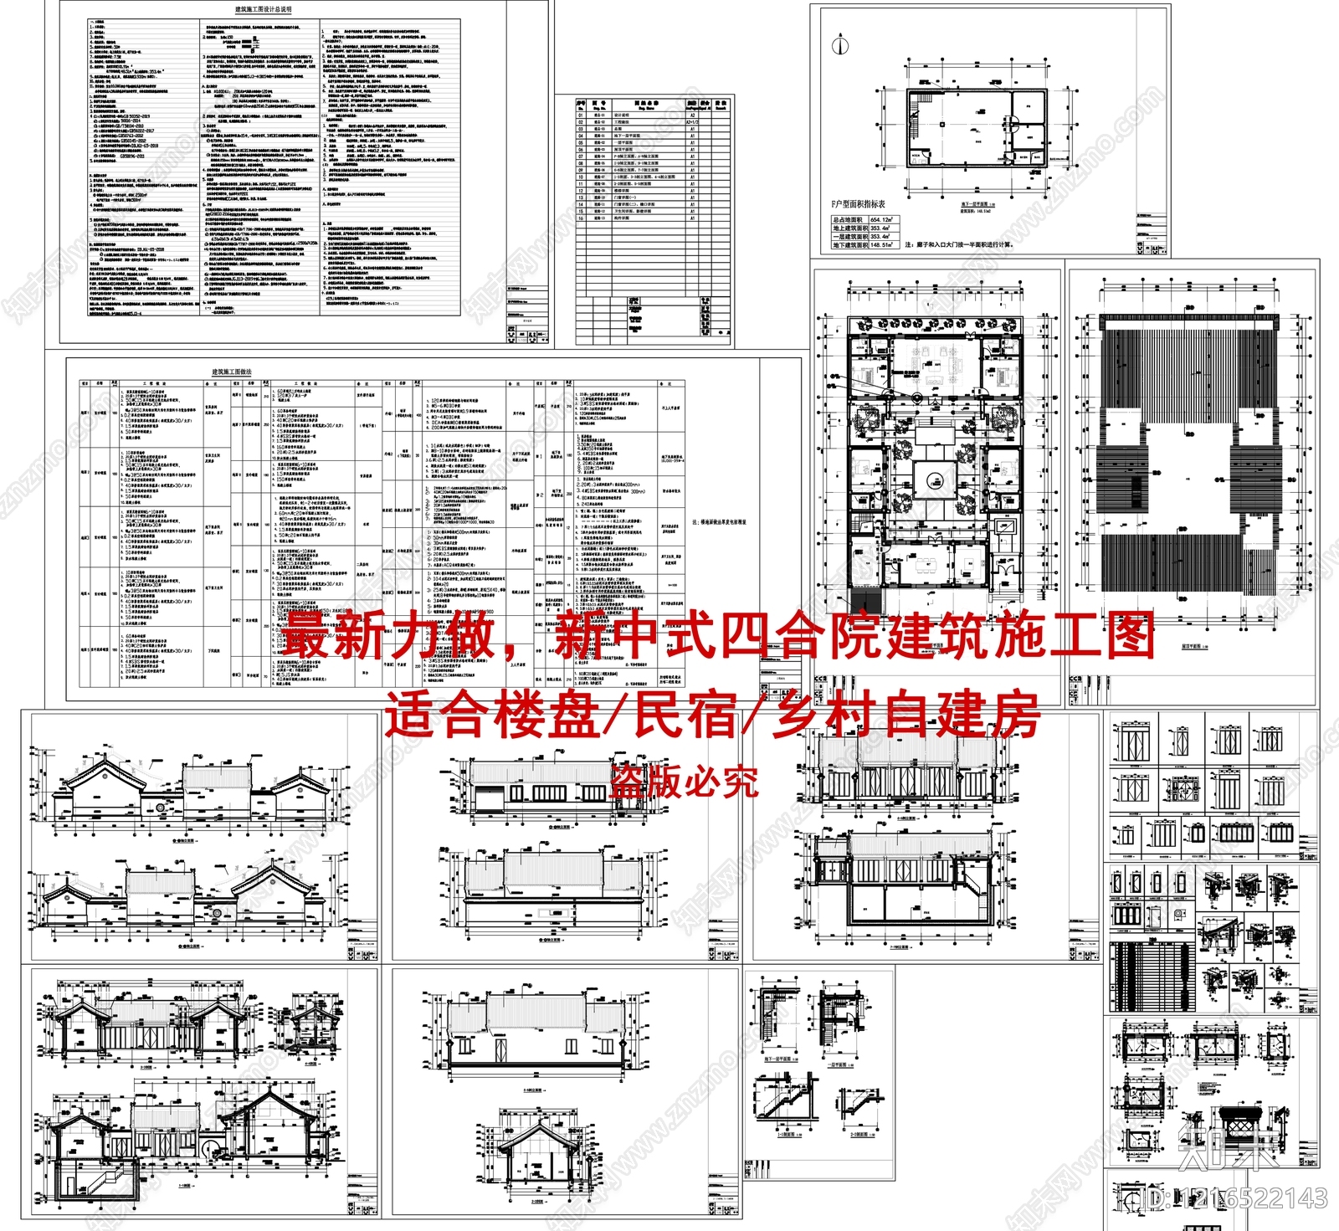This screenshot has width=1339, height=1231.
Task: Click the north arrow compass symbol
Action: point(839,45)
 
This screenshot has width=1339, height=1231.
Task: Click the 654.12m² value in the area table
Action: point(881,219)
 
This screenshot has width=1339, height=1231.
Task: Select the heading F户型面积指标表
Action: point(858,203)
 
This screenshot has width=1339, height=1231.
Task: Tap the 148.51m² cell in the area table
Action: point(881,245)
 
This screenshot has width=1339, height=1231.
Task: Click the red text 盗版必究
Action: point(685,782)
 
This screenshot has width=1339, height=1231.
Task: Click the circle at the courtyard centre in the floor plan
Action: point(936,480)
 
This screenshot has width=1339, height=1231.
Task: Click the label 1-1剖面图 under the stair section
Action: point(785,1136)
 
